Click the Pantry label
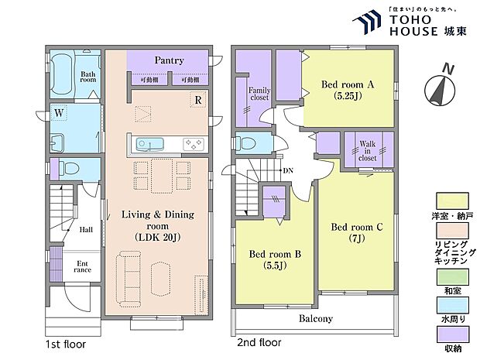tap(169, 60)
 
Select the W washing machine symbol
tap(59, 113)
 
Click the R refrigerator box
tap(198, 100)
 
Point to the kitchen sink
tap(149, 144)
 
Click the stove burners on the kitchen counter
tap(194, 144)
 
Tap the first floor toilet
tap(69, 168)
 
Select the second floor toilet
tap(249, 143)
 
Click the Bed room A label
tap(348, 90)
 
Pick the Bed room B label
tap(275, 259)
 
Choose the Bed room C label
tap(357, 232)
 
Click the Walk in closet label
tap(367, 151)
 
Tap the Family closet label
tap(259, 94)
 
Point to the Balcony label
tap(316, 319)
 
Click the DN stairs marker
tap(288, 170)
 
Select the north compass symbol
tap(440, 87)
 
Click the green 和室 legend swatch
tap(452, 277)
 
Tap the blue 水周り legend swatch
tap(452, 305)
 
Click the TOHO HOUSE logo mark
tap(366, 22)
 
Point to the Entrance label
tap(82, 266)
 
